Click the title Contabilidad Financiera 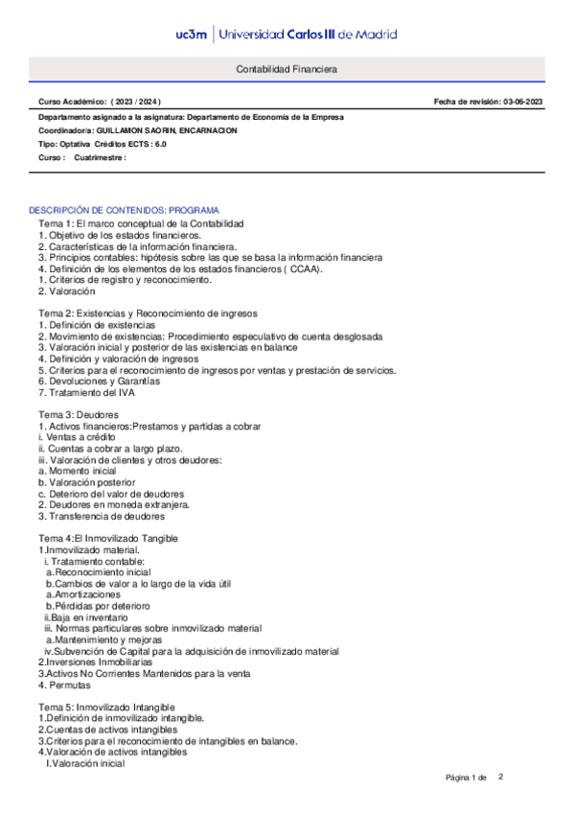click(x=287, y=70)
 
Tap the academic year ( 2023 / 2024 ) click(x=135, y=102)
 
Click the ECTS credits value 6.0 click(x=159, y=144)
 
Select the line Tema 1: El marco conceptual click(x=141, y=223)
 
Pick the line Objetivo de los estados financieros click(x=121, y=235)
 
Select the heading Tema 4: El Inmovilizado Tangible click(x=108, y=539)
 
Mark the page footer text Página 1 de click(x=467, y=777)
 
